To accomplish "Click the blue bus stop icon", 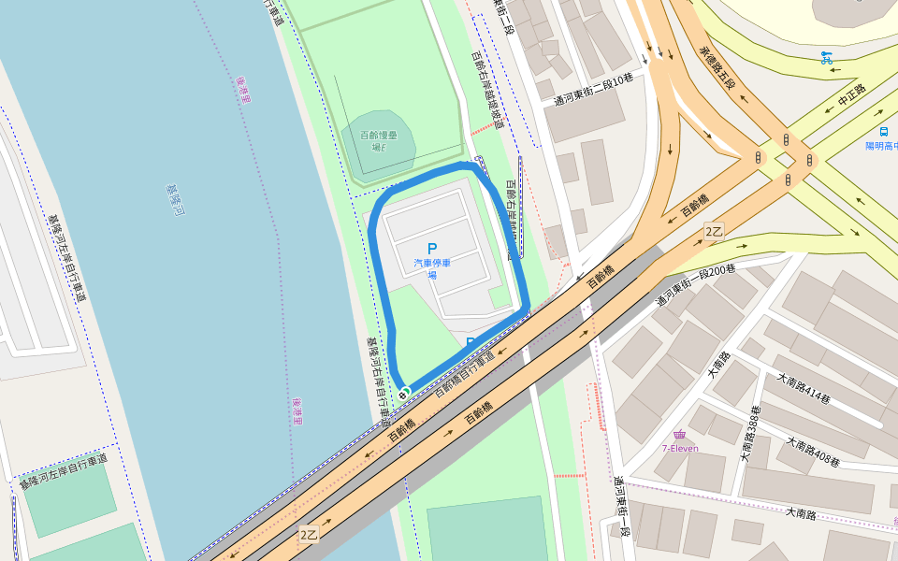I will point(883,132).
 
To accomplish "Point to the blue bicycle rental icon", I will point(826,57).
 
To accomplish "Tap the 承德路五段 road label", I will point(717,66).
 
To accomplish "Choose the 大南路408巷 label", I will point(812,453).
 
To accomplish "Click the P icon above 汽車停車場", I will point(431,249).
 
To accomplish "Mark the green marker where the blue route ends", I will point(404,393).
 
